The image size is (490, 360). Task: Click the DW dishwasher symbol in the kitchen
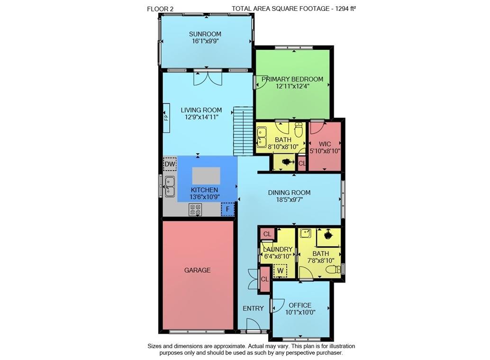pyautogui.click(x=170, y=164)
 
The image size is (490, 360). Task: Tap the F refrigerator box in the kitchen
pyautogui.click(x=228, y=209)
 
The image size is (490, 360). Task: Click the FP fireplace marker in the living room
pyautogui.click(x=166, y=117)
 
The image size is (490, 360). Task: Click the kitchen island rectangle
pyautogui.click(x=206, y=175)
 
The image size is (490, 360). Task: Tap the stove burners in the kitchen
pyautogui.click(x=195, y=209)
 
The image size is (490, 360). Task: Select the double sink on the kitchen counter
pyautogui.click(x=169, y=186)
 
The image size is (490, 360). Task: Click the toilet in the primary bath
pyautogui.click(x=299, y=129)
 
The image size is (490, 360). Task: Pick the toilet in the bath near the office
pyautogui.click(x=334, y=269)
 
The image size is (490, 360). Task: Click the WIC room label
pyautogui.click(x=325, y=144)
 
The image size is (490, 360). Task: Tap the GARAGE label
pyautogui.click(x=198, y=270)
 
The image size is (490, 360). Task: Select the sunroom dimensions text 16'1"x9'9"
pyautogui.click(x=205, y=41)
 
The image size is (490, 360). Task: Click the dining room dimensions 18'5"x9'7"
pyautogui.click(x=289, y=200)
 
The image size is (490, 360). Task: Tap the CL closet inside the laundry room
pyautogui.click(x=267, y=234)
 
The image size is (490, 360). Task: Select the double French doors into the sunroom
pyautogui.click(x=208, y=78)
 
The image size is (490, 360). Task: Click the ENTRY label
pyautogui.click(x=253, y=308)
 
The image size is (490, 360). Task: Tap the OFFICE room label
pyautogui.click(x=300, y=305)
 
